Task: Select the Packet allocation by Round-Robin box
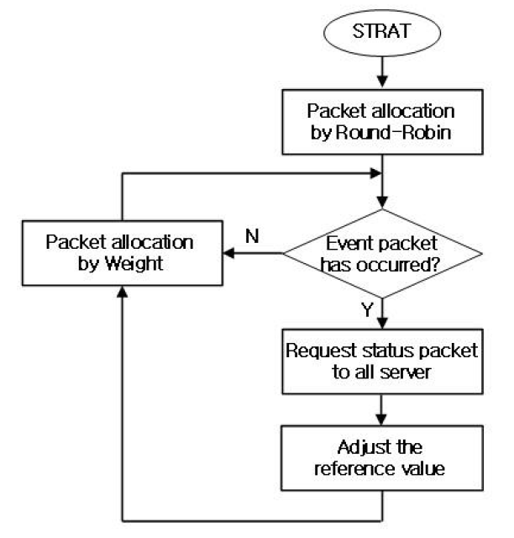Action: click(382, 122)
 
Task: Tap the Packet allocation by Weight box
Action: click(121, 253)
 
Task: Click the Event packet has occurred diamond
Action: click(382, 253)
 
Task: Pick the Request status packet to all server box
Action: click(382, 360)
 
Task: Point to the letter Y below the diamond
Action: click(367, 309)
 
